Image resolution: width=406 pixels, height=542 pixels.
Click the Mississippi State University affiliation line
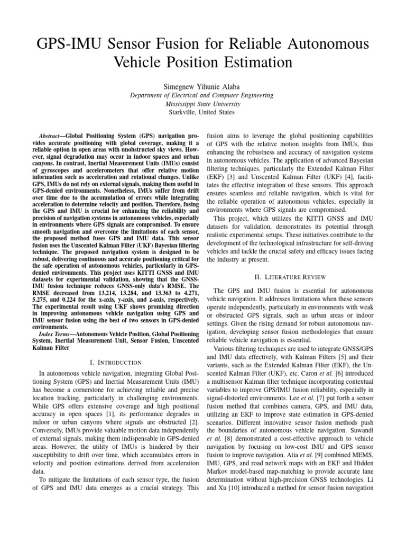point(202,104)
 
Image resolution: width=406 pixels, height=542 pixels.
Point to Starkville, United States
point(202,112)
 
